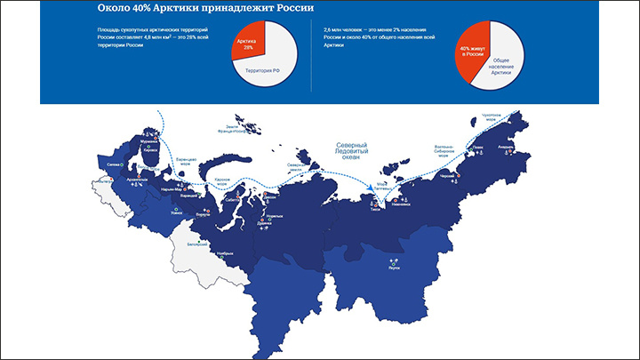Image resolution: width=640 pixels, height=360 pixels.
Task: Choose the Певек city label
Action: [478, 146]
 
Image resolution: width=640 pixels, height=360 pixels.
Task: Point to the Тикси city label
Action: [375, 203]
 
